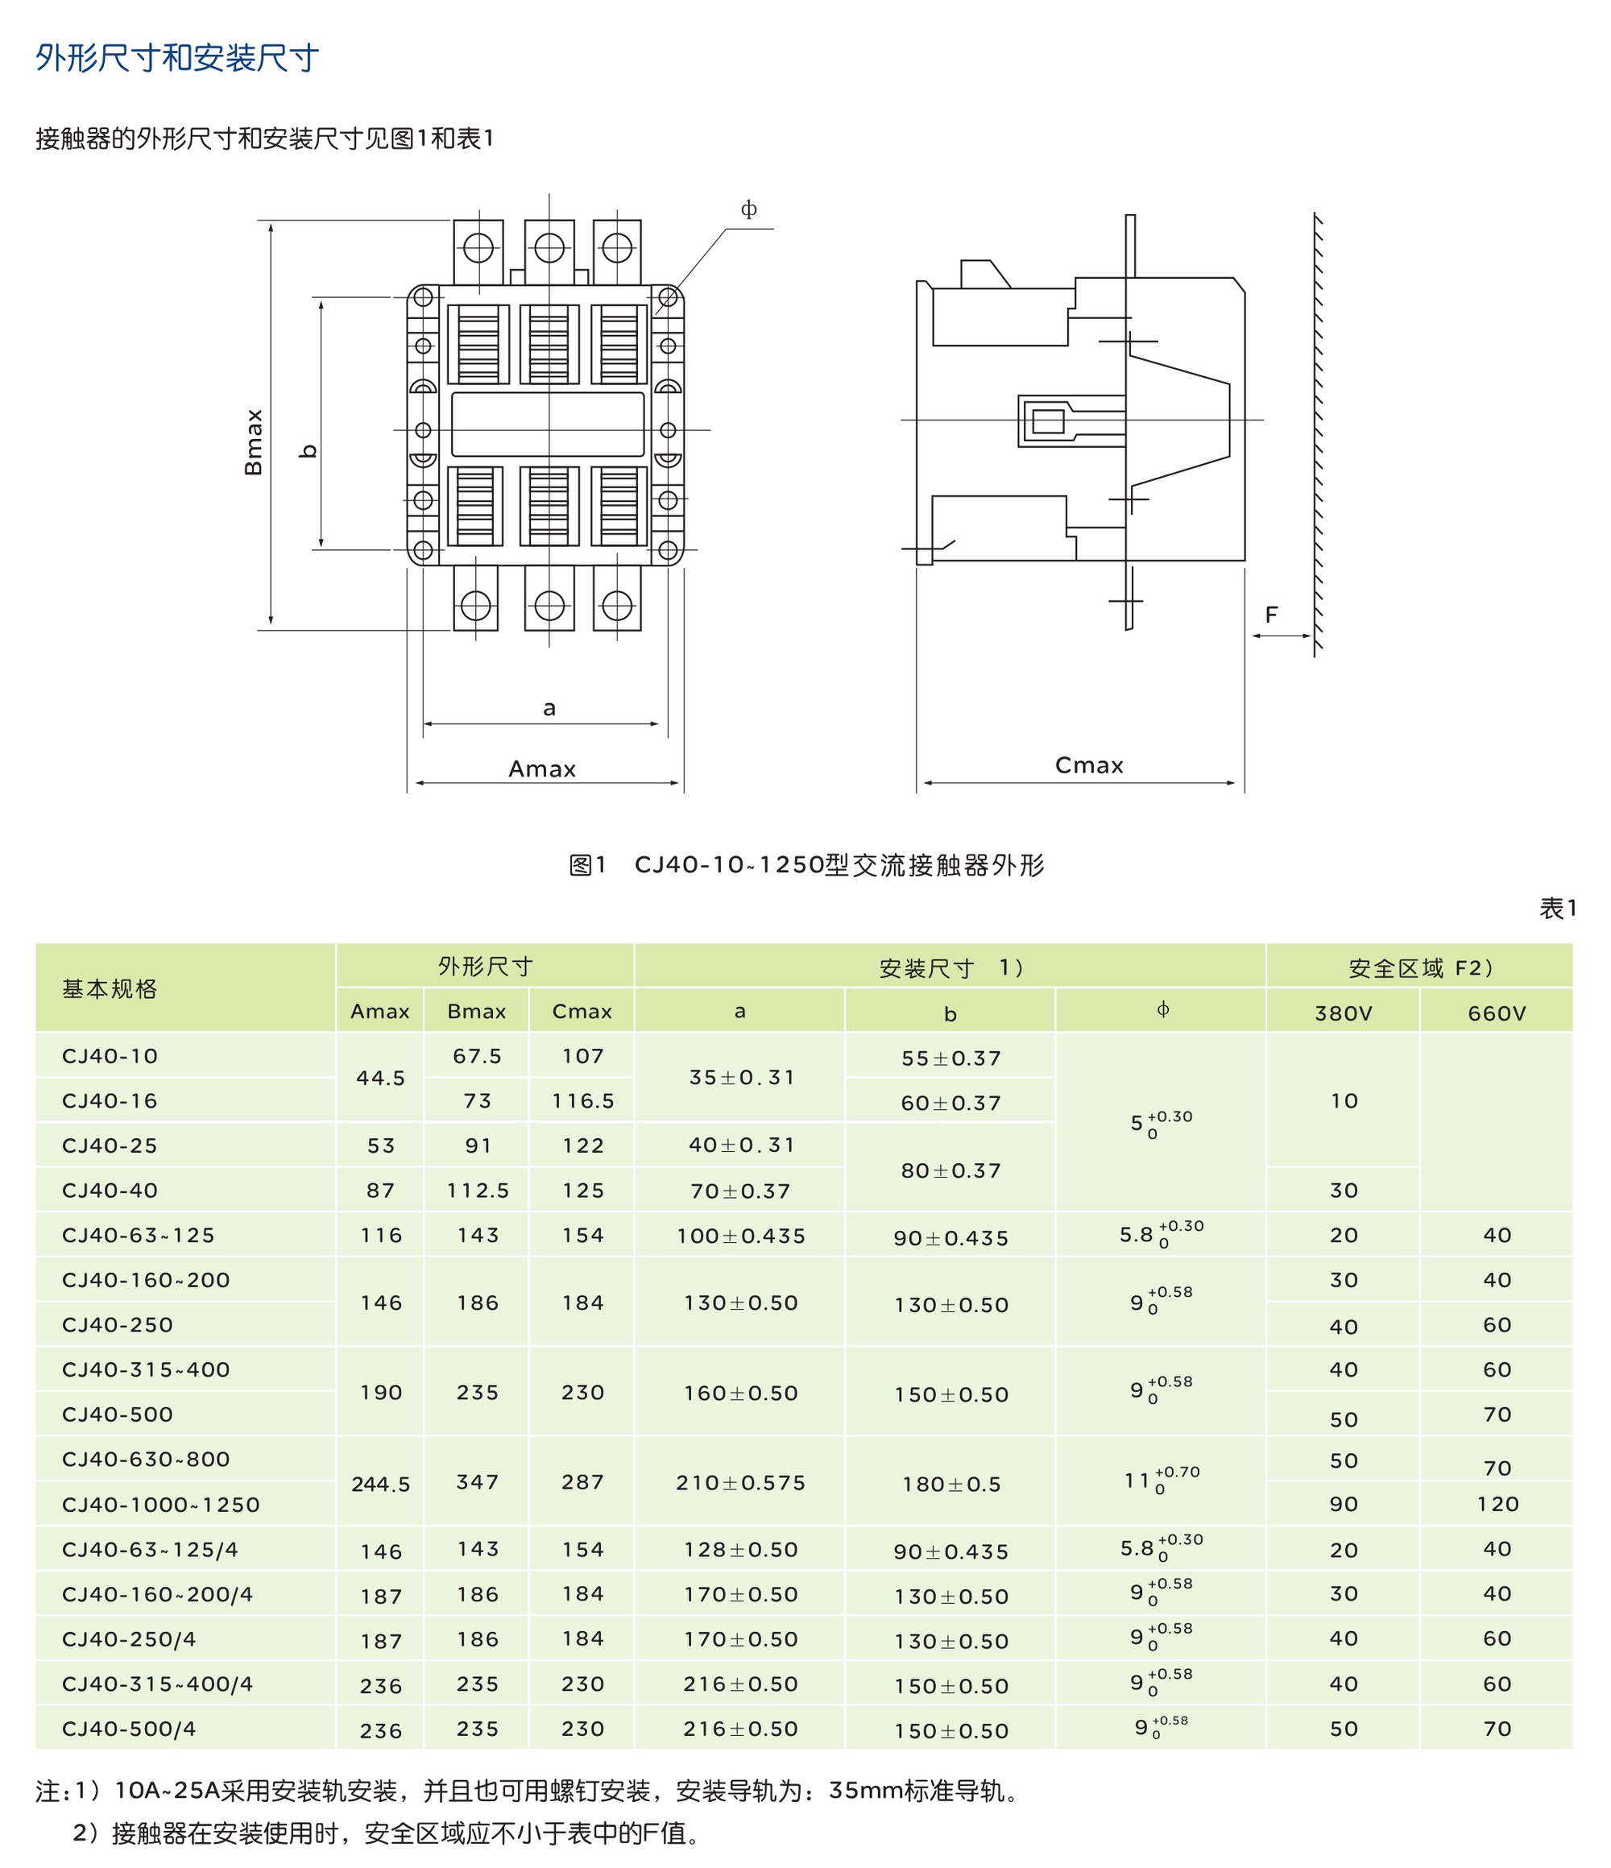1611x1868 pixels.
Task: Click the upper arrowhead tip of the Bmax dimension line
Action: pyautogui.click(x=271, y=221)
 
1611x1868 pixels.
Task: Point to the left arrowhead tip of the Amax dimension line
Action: pyautogui.click(x=415, y=782)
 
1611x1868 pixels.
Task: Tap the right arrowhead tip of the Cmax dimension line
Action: pyautogui.click(x=1236, y=782)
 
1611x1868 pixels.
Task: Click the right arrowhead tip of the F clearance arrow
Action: pyautogui.click(x=1311, y=636)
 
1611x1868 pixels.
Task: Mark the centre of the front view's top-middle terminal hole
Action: pyautogui.click(x=549, y=247)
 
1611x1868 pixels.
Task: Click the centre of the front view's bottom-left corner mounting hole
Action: pyautogui.click(x=423, y=549)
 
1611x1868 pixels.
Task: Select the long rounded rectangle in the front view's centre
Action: pyautogui.click(x=548, y=424)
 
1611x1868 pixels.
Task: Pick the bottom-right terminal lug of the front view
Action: pyautogui.click(x=617, y=598)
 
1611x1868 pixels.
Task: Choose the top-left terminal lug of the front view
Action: pyautogui.click(x=478, y=252)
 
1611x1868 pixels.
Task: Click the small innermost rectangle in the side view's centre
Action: pyautogui.click(x=1048, y=421)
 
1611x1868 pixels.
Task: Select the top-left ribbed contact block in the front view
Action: pyautogui.click(x=478, y=343)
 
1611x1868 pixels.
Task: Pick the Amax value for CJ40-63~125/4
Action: pyautogui.click(x=381, y=1551)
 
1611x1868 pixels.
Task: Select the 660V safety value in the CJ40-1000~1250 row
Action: pyautogui.click(x=1497, y=1504)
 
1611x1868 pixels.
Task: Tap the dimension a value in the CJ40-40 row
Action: pyautogui.click(x=740, y=1191)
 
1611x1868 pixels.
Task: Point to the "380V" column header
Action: pyautogui.click(x=1344, y=1013)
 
